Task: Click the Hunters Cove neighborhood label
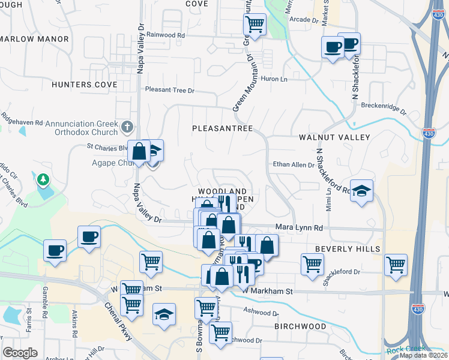coord(84,85)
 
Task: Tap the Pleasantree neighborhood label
coord(222,128)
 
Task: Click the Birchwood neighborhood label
coord(300,326)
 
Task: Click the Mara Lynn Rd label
coord(299,228)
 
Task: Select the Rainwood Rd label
coord(165,35)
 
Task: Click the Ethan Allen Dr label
coord(294,164)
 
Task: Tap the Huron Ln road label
coord(275,79)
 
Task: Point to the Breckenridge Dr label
coord(384,109)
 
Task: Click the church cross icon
coord(126,127)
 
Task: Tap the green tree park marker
coord(43,179)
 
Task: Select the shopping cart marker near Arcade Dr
coord(255,24)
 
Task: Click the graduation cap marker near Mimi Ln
coord(361,191)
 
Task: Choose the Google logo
coord(20,352)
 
